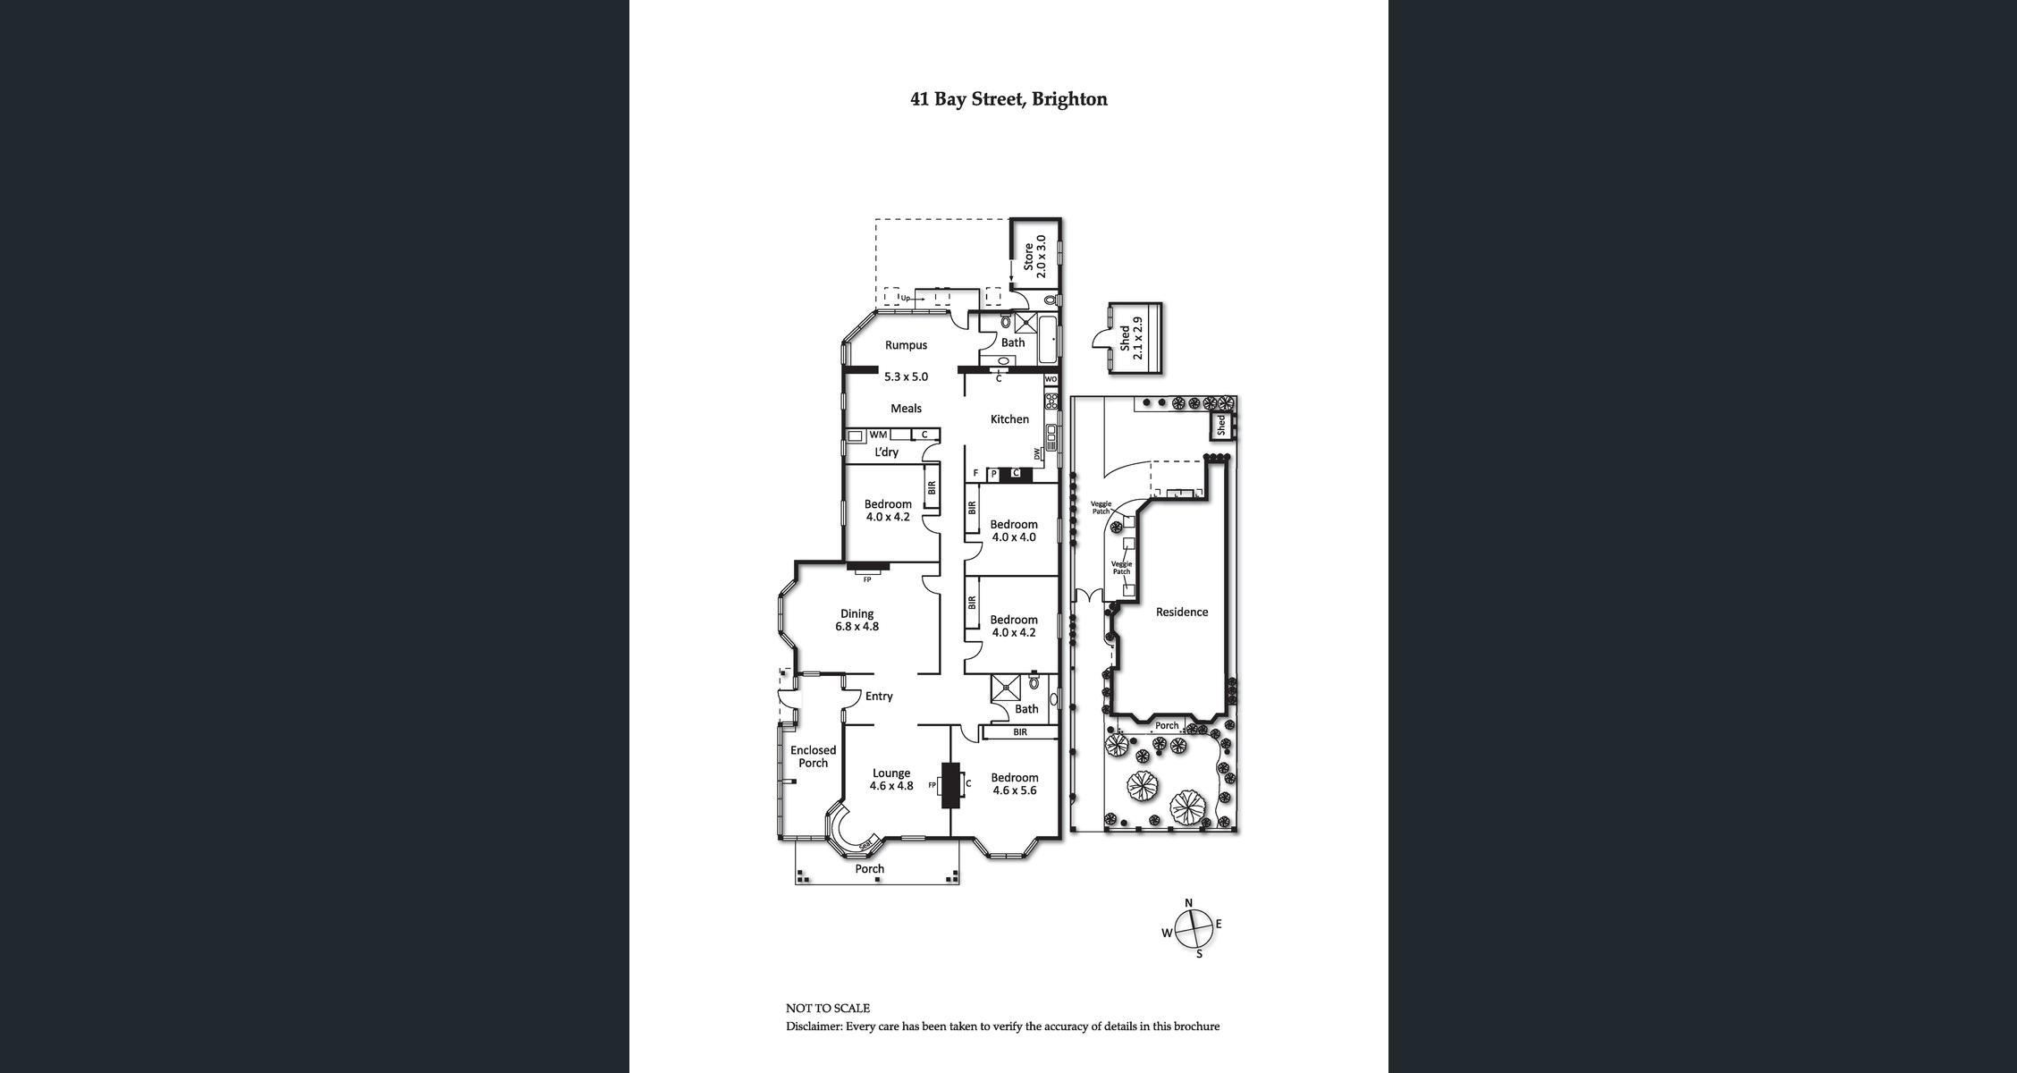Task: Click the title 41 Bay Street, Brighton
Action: tap(1008, 99)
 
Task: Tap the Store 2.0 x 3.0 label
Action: tap(1034, 257)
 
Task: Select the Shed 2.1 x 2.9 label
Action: tap(1131, 338)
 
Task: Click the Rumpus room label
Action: tap(906, 345)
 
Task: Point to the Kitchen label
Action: tap(1009, 419)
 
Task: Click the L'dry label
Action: tap(886, 452)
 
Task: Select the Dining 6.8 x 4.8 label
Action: tap(857, 620)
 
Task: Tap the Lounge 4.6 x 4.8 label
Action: tap(891, 780)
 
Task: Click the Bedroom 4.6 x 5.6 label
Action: tap(1015, 784)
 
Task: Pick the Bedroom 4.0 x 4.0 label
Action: tap(1014, 531)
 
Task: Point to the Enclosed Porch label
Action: tap(813, 756)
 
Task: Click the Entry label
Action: tap(879, 697)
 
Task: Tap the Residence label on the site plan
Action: tap(1181, 613)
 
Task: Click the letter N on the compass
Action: tap(1188, 903)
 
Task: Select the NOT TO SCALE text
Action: tap(827, 1008)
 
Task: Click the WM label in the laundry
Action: tap(878, 435)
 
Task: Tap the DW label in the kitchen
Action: tap(1037, 454)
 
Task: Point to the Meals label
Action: tap(906, 409)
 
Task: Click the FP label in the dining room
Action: tap(866, 579)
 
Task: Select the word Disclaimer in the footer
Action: tap(814, 1027)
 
